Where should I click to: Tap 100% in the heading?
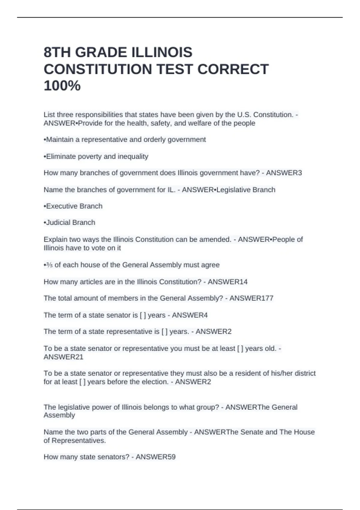tap(62, 86)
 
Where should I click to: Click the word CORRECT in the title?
tap(233, 69)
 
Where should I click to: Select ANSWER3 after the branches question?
tap(284, 173)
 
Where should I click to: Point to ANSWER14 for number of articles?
tap(228, 282)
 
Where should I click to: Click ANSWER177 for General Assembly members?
tap(251, 298)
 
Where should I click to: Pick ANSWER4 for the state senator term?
tap(190, 315)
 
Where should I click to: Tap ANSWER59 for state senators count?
tap(156, 457)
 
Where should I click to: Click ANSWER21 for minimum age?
tap(63, 357)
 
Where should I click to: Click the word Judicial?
tap(58, 223)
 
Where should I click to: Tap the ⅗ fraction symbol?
tap(49, 265)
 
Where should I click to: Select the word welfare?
tap(199, 123)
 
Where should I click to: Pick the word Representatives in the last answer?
tap(79, 440)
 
